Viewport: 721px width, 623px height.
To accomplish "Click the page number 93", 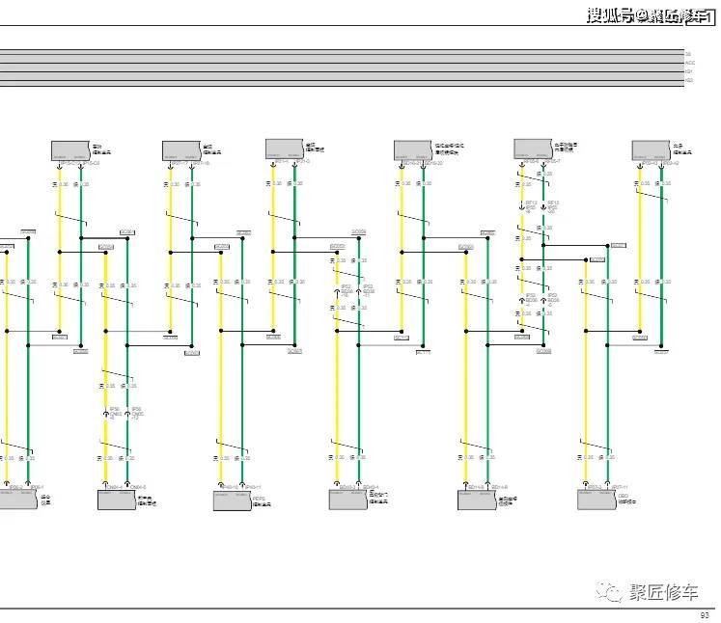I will point(705,615).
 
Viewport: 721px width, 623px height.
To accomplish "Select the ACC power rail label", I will point(689,62).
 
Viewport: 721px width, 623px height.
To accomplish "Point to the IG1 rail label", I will point(689,70).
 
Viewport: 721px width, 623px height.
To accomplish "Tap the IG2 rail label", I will point(689,79).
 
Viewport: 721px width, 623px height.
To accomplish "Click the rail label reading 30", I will point(688,53).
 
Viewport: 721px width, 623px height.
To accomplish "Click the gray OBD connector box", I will point(596,501).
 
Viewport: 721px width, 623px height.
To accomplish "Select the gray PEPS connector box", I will point(232,501).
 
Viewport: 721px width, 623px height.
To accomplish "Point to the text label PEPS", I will point(258,498).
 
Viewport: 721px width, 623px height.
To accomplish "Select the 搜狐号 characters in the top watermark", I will point(610,15).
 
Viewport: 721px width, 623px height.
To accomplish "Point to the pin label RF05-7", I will point(552,160).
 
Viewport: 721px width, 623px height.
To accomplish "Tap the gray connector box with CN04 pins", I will point(117,501).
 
